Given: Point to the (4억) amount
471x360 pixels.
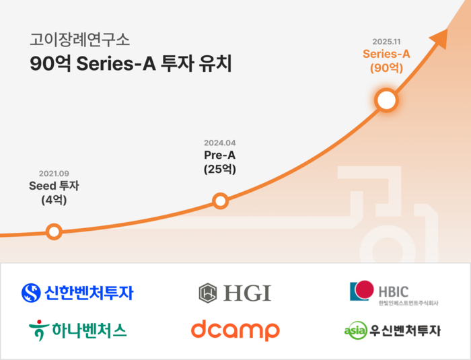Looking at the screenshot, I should (54, 200).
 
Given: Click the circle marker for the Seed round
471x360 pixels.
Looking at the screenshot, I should (54, 231).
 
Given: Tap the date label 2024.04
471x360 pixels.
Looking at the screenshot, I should (220, 143).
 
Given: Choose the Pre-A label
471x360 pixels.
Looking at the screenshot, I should (220, 155).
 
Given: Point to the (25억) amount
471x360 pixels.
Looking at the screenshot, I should (220, 170).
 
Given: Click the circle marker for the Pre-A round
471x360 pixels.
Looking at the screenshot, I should (220, 201).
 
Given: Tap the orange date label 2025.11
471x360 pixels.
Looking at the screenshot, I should (386, 41).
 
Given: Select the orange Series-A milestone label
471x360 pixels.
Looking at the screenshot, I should (386, 54).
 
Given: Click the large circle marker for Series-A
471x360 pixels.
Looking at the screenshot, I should (386, 100).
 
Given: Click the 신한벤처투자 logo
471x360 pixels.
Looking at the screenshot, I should (77, 293).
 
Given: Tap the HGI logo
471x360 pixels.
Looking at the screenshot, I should (235, 293).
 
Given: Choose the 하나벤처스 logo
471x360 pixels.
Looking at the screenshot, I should (77, 330).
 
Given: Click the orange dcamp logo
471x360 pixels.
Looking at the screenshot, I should (235, 330).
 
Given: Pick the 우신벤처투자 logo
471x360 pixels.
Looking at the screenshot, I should (392, 330).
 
